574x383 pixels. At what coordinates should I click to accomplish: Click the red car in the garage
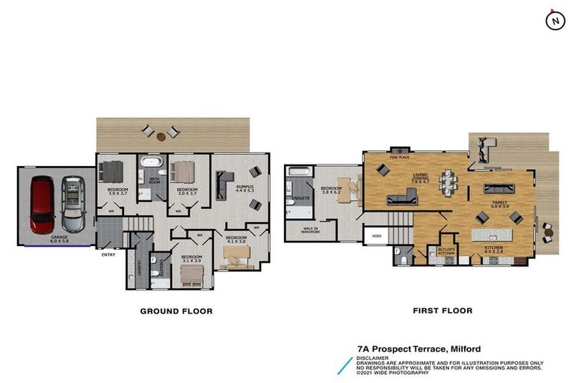(x=41, y=203)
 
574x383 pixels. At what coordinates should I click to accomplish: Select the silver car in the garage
(x=73, y=203)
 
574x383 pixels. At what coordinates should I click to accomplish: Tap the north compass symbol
(x=555, y=22)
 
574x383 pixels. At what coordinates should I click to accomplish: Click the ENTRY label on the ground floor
(x=108, y=256)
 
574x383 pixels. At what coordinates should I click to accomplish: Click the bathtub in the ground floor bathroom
(x=155, y=162)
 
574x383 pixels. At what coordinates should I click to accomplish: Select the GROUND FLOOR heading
(x=176, y=311)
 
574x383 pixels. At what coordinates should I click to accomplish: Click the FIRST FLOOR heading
(x=443, y=311)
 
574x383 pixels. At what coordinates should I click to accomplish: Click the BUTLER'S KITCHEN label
(x=447, y=251)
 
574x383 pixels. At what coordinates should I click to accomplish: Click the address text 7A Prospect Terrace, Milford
(x=419, y=349)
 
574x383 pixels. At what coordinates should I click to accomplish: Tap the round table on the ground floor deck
(x=161, y=132)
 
